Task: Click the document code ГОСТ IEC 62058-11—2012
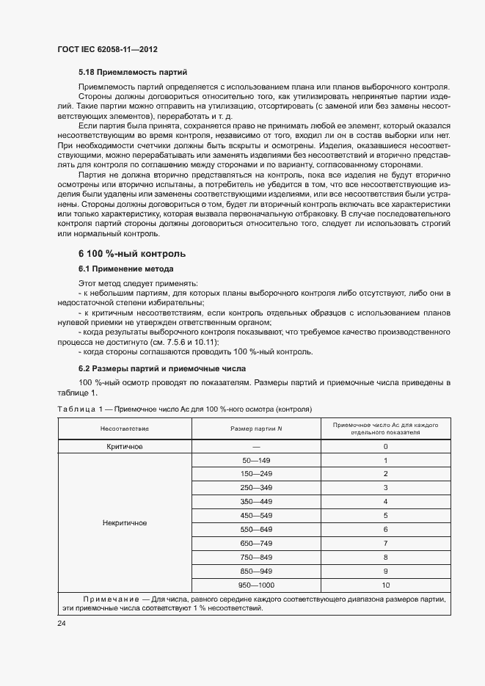tap(107, 49)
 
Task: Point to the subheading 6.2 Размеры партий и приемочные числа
tap(162, 368)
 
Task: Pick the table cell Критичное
tap(125, 446)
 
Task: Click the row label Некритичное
tap(125, 523)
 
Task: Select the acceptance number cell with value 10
tap(385, 585)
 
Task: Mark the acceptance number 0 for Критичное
tap(385, 446)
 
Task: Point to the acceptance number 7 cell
tap(385, 543)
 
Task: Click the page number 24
tap(62, 623)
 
